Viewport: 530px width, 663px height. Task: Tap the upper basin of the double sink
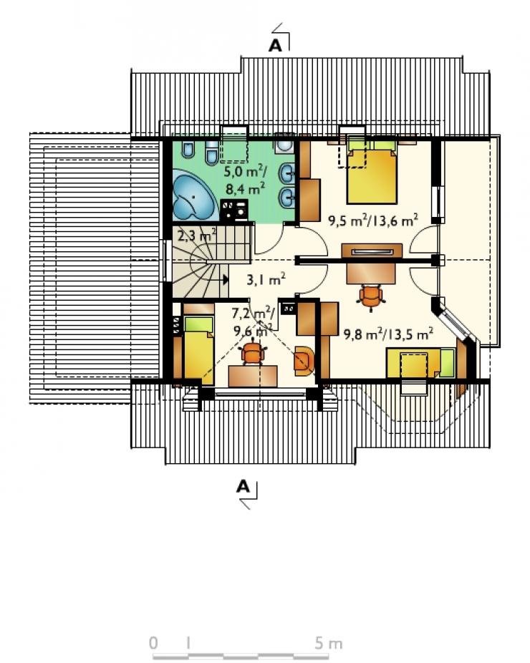(x=288, y=172)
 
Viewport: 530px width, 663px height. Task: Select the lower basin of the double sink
(x=288, y=195)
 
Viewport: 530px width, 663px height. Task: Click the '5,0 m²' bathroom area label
(x=244, y=172)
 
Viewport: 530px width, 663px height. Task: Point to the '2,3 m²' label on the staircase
(x=197, y=235)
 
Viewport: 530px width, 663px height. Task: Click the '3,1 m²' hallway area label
(x=266, y=279)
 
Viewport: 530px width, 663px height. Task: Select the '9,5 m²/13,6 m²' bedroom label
(x=373, y=220)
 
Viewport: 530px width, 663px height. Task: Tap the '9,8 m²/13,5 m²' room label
(x=388, y=334)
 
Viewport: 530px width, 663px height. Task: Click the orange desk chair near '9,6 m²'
(x=253, y=353)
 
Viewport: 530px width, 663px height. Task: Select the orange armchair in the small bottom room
(x=304, y=361)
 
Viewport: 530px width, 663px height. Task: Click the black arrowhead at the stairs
(x=226, y=279)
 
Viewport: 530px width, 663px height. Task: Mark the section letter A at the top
(x=275, y=45)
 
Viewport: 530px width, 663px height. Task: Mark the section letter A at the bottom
(x=243, y=487)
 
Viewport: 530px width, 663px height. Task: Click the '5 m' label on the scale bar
(x=328, y=643)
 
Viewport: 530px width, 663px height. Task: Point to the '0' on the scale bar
(x=153, y=643)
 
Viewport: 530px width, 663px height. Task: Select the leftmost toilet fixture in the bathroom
(x=188, y=149)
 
